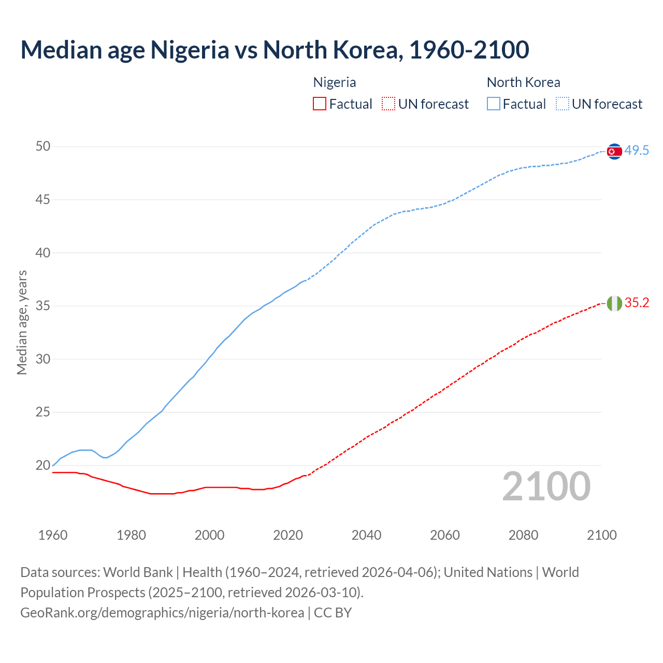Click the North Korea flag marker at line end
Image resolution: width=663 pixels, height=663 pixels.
(614, 151)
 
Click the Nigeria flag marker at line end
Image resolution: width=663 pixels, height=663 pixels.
(614, 303)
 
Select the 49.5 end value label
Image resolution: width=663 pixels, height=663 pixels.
(637, 151)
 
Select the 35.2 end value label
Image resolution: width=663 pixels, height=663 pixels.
(637, 303)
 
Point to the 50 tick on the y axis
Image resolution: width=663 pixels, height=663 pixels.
(43, 147)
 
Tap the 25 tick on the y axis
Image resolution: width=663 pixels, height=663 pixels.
(43, 412)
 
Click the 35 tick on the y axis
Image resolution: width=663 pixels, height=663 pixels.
(43, 306)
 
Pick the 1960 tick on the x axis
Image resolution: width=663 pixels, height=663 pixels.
(53, 535)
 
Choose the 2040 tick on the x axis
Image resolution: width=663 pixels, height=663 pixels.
(366, 535)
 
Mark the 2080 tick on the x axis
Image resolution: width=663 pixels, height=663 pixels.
(523, 535)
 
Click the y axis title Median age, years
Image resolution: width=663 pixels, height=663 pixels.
(22, 322)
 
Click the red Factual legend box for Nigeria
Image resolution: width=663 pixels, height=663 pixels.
(320, 104)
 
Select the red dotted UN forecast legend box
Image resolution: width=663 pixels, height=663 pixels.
(388, 104)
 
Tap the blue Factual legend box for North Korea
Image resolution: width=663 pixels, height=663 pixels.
(494, 104)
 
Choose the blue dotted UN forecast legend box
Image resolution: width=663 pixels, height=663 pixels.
(563, 104)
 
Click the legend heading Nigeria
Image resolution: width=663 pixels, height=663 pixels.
(335, 82)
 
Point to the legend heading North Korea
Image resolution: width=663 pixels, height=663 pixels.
(523, 82)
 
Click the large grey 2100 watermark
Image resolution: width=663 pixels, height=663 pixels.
(546, 486)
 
